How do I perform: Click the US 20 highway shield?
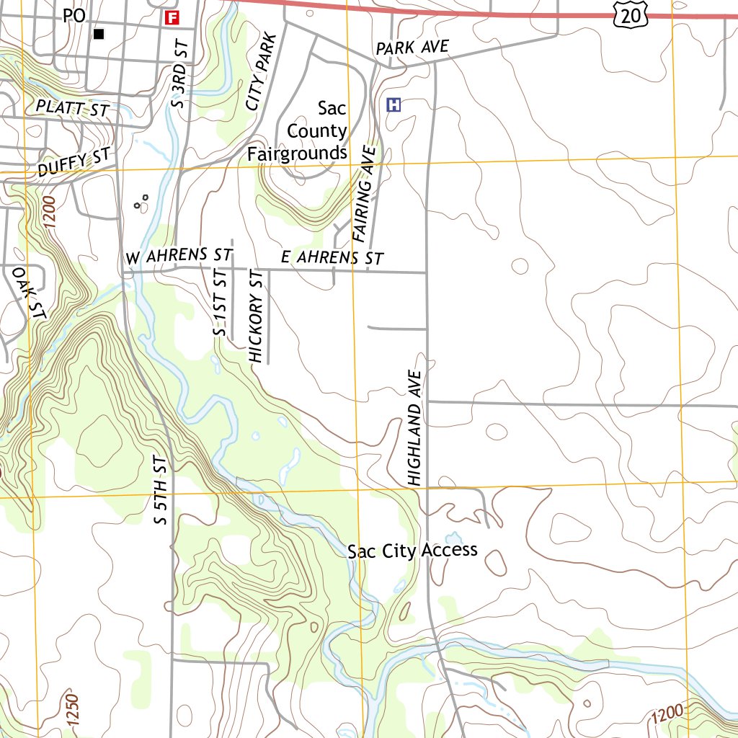(632, 14)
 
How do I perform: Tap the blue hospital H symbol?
(394, 105)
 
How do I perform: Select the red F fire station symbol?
(172, 17)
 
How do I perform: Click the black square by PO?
(99, 34)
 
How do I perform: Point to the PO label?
(74, 15)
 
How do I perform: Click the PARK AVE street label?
(412, 48)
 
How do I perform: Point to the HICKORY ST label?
(256, 316)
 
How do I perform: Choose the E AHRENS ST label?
(332, 257)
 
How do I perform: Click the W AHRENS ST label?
(178, 256)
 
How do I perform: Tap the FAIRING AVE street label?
(365, 192)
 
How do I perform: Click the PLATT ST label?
(72, 110)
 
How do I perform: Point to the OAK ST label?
(30, 293)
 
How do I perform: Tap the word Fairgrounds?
(297, 154)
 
